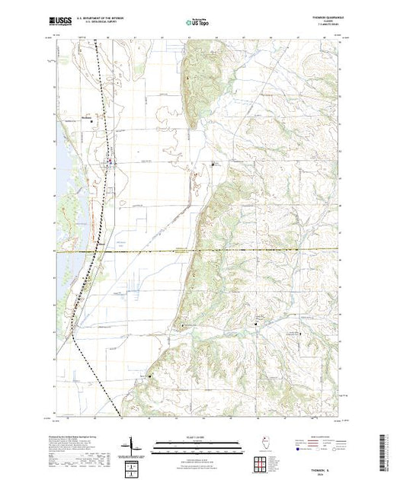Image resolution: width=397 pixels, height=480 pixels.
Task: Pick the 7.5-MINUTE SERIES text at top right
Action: point(325,28)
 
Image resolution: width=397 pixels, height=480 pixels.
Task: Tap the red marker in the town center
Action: point(111,161)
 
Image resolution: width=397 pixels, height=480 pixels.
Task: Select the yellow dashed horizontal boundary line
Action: point(229,250)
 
